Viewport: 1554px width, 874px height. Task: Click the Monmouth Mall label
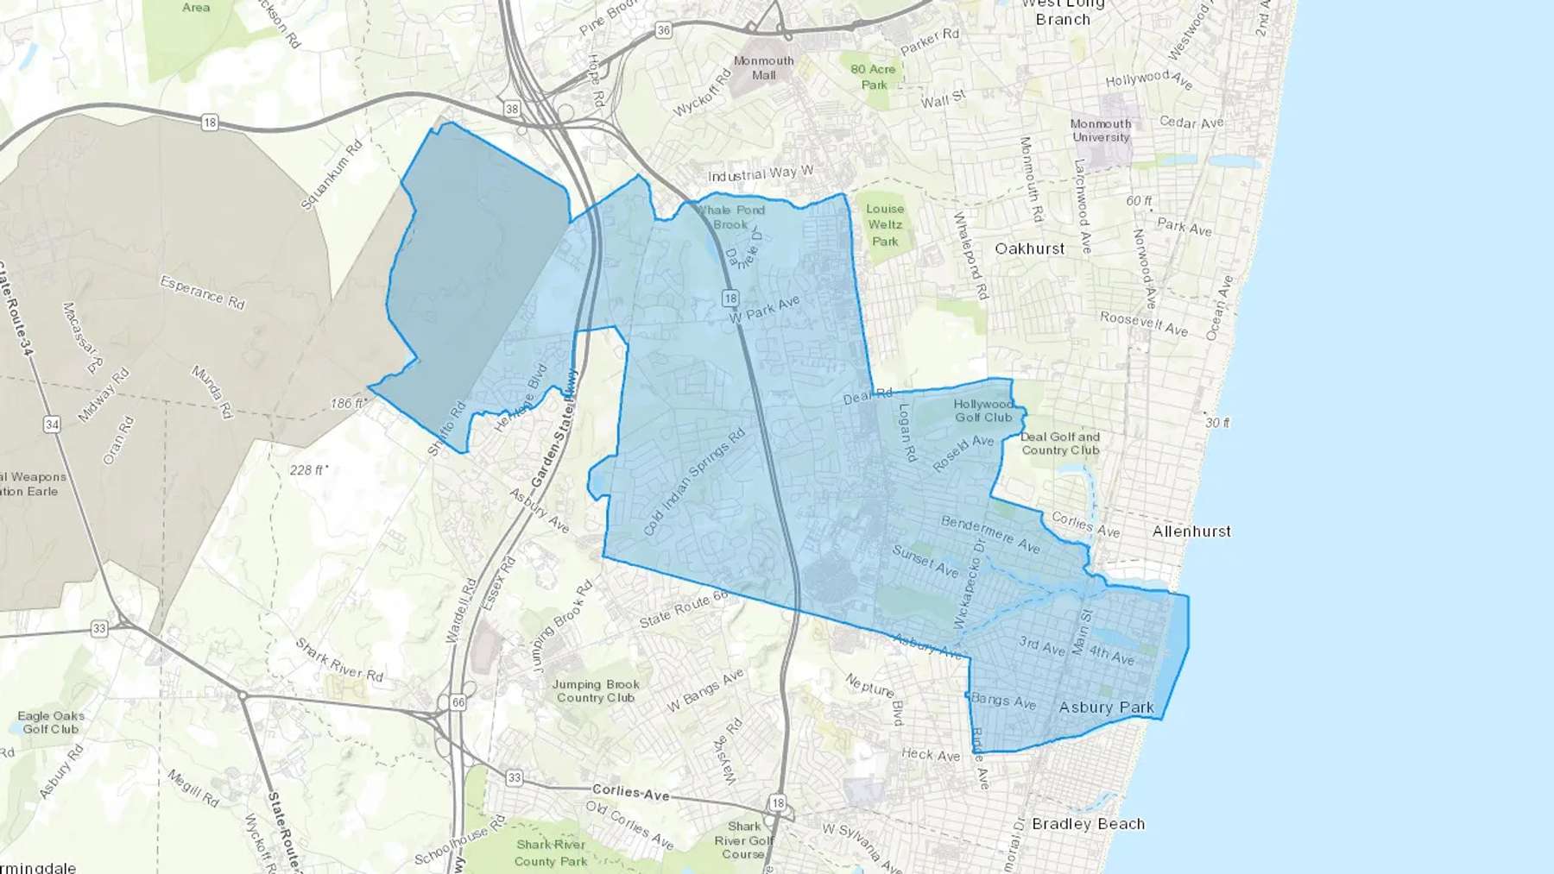763,68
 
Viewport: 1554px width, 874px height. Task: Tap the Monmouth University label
1100,130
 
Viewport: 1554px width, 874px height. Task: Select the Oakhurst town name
1029,248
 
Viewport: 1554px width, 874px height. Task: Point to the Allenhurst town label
1191,531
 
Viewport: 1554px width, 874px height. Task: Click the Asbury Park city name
1106,707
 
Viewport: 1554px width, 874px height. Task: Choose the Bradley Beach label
1088,824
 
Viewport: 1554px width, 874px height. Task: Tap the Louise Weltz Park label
885,225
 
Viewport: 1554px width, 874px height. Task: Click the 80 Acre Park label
873,77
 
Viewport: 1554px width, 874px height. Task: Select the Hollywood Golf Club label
983,411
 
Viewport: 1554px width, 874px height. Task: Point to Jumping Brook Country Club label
596,691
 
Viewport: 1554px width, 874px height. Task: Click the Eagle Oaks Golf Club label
51,722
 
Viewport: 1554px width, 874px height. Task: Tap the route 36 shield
663,30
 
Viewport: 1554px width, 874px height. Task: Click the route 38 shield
512,109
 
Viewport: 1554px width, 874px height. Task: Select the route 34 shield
52,424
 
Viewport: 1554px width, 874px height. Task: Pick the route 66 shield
458,702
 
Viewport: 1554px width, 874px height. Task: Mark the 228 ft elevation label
308,470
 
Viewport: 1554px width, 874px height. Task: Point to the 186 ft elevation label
349,403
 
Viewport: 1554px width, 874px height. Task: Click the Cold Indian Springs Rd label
693,482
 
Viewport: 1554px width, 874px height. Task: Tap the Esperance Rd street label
202,292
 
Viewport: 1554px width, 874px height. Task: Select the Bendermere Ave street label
989,534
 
